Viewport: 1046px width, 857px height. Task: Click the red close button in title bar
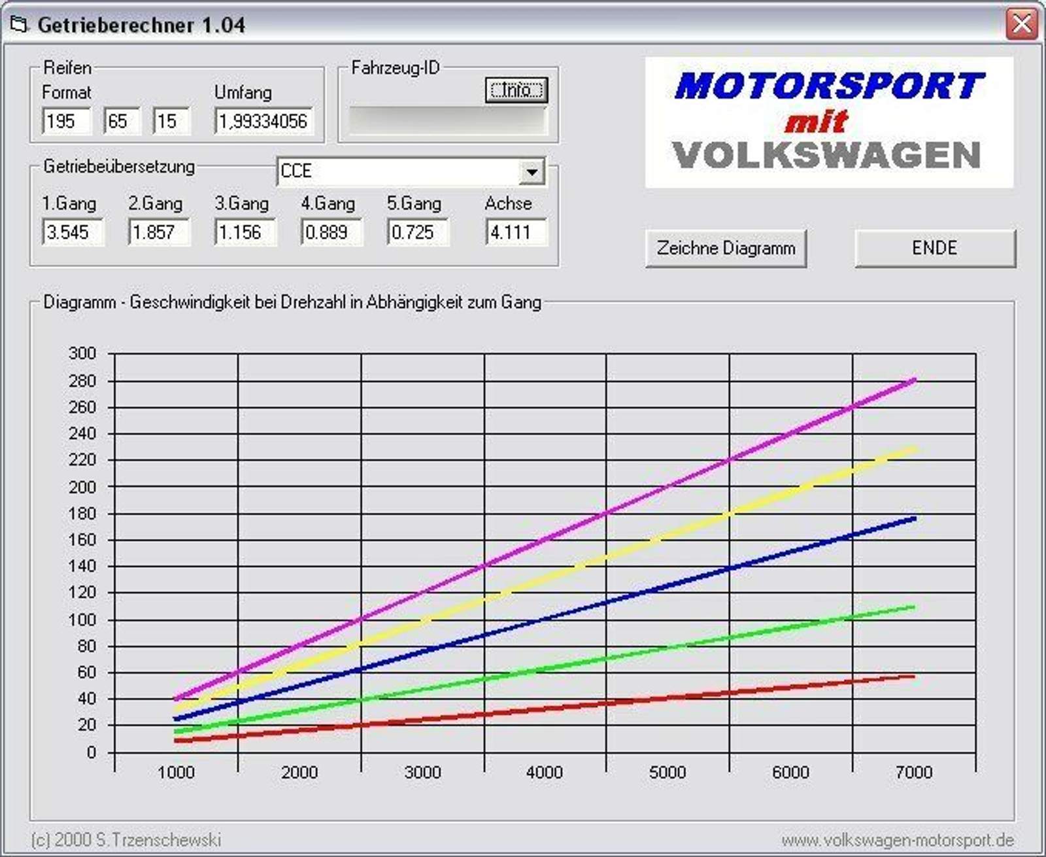(x=1022, y=24)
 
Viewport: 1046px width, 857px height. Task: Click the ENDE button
(x=935, y=248)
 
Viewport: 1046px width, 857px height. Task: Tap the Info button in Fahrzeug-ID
(x=516, y=90)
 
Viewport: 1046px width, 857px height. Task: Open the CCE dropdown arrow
(x=532, y=172)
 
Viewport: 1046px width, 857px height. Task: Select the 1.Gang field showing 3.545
(x=73, y=232)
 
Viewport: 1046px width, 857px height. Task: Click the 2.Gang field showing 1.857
(x=159, y=232)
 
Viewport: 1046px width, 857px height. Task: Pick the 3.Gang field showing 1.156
(x=245, y=232)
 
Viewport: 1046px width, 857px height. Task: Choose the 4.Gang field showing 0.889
(x=331, y=232)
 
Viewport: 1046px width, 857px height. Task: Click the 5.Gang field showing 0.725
(x=418, y=232)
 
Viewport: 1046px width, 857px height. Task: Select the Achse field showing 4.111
(x=516, y=232)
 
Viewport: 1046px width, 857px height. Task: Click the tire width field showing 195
(x=65, y=121)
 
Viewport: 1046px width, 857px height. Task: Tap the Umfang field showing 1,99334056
(x=263, y=121)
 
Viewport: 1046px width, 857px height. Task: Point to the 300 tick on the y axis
(x=82, y=353)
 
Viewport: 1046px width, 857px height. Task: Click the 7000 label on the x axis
(x=913, y=773)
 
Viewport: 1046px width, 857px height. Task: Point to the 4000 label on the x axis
(x=545, y=773)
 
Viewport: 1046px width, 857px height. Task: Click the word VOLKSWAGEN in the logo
(x=826, y=156)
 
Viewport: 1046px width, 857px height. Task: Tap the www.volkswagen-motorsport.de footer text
(x=898, y=840)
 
